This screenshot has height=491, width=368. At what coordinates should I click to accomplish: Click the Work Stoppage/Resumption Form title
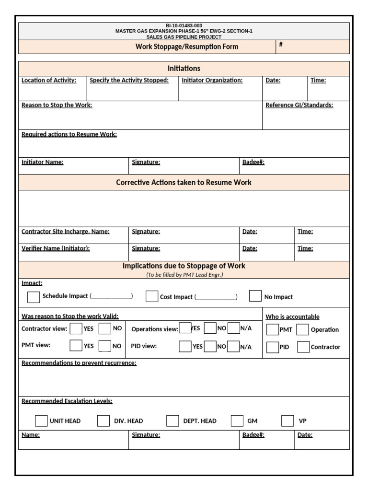click(186, 47)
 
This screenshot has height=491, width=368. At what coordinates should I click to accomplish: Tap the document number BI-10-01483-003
click(184, 25)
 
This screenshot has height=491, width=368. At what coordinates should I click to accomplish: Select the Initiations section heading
click(184, 68)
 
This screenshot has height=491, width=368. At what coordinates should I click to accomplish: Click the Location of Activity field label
click(49, 81)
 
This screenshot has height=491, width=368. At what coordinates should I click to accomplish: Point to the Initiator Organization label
click(212, 81)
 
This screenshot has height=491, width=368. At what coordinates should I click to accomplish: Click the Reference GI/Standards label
click(299, 105)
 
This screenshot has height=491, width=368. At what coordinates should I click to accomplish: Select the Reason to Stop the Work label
click(57, 105)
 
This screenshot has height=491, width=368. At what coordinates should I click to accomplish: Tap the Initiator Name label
click(43, 162)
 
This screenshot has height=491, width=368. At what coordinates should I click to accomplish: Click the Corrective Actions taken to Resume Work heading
click(184, 182)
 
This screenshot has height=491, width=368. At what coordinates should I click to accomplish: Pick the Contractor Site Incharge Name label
click(66, 232)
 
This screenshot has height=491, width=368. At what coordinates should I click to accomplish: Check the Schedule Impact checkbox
click(34, 297)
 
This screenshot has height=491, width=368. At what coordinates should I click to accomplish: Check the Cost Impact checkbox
click(152, 296)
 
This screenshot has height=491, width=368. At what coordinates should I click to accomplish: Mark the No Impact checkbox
click(255, 296)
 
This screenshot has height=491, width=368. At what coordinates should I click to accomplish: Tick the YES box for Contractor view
click(76, 328)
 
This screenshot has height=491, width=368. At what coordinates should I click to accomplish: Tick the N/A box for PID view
click(233, 346)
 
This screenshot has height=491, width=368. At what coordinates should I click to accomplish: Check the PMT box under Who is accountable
click(272, 329)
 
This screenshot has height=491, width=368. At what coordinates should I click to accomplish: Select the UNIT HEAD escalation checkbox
click(41, 421)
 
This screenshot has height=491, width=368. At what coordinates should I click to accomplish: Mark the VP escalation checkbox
click(287, 421)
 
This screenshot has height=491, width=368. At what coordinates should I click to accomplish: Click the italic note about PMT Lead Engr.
click(184, 275)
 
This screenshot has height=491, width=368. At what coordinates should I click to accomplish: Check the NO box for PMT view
click(105, 346)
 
